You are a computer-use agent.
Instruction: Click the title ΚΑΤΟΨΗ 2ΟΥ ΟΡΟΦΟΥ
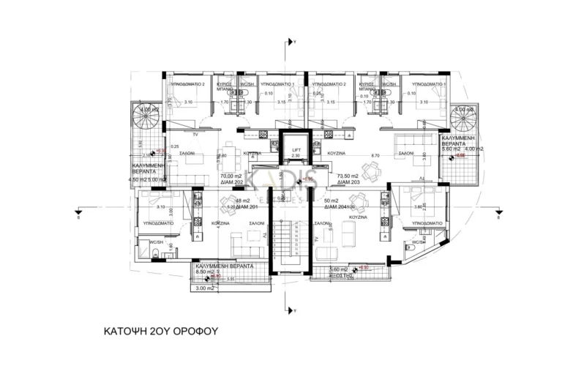point(161,332)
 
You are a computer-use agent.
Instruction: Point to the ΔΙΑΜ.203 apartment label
point(348,184)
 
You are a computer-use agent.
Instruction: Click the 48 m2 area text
point(233,201)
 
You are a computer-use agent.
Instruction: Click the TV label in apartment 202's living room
point(195,136)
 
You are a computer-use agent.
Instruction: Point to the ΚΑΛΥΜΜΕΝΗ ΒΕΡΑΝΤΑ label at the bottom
point(222,266)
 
